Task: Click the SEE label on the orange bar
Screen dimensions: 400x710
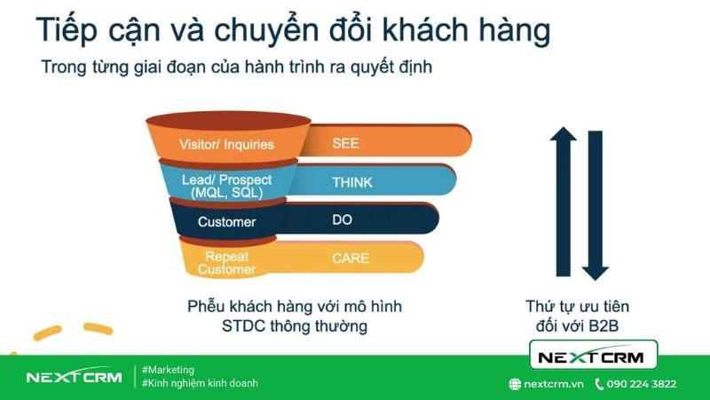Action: click(x=345, y=142)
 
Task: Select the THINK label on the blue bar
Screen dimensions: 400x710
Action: click(x=352, y=183)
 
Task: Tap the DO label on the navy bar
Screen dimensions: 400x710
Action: click(x=343, y=219)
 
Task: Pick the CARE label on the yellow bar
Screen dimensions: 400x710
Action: click(x=351, y=260)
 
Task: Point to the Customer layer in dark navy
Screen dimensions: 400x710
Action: click(x=226, y=221)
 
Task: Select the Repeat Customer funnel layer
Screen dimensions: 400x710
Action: click(x=226, y=262)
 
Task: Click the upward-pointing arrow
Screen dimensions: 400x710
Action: click(x=564, y=201)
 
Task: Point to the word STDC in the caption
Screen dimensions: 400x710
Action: click(x=242, y=326)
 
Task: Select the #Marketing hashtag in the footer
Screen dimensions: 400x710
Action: click(x=168, y=370)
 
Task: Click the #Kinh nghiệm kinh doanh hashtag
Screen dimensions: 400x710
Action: click(x=200, y=383)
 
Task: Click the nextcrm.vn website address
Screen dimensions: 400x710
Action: click(x=553, y=384)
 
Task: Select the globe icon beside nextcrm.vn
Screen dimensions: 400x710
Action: click(x=514, y=384)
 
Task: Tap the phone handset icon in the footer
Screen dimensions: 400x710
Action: click(x=600, y=384)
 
